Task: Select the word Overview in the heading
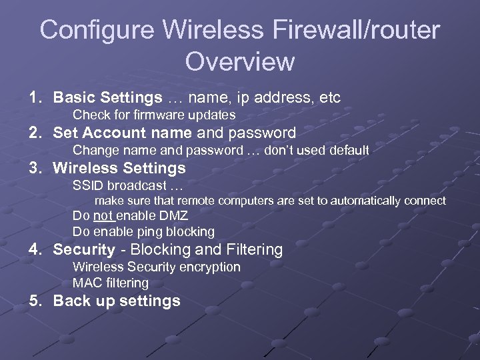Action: [240, 61]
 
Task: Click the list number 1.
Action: [34, 98]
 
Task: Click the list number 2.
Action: [34, 133]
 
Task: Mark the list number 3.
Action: [34, 168]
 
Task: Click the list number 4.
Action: [34, 250]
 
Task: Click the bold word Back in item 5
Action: [72, 301]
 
